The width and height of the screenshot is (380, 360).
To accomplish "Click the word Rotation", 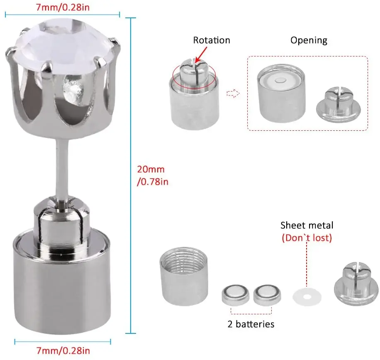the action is [x=212, y=40].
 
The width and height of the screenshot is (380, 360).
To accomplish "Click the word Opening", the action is [x=309, y=40].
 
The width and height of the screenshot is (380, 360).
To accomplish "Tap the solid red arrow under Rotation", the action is [x=201, y=54].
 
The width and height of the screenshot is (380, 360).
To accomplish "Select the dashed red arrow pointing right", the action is [x=233, y=93].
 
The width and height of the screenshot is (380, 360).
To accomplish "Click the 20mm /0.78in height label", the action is [x=153, y=175].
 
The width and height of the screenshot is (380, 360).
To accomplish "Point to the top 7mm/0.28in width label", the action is [x=63, y=7].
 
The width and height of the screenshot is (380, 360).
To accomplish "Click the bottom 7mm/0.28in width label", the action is [x=63, y=350].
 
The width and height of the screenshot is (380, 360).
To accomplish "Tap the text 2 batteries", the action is [x=251, y=324].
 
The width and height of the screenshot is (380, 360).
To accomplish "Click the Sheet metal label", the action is [x=307, y=225].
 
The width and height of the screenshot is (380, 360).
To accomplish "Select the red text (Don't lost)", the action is [x=307, y=238].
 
